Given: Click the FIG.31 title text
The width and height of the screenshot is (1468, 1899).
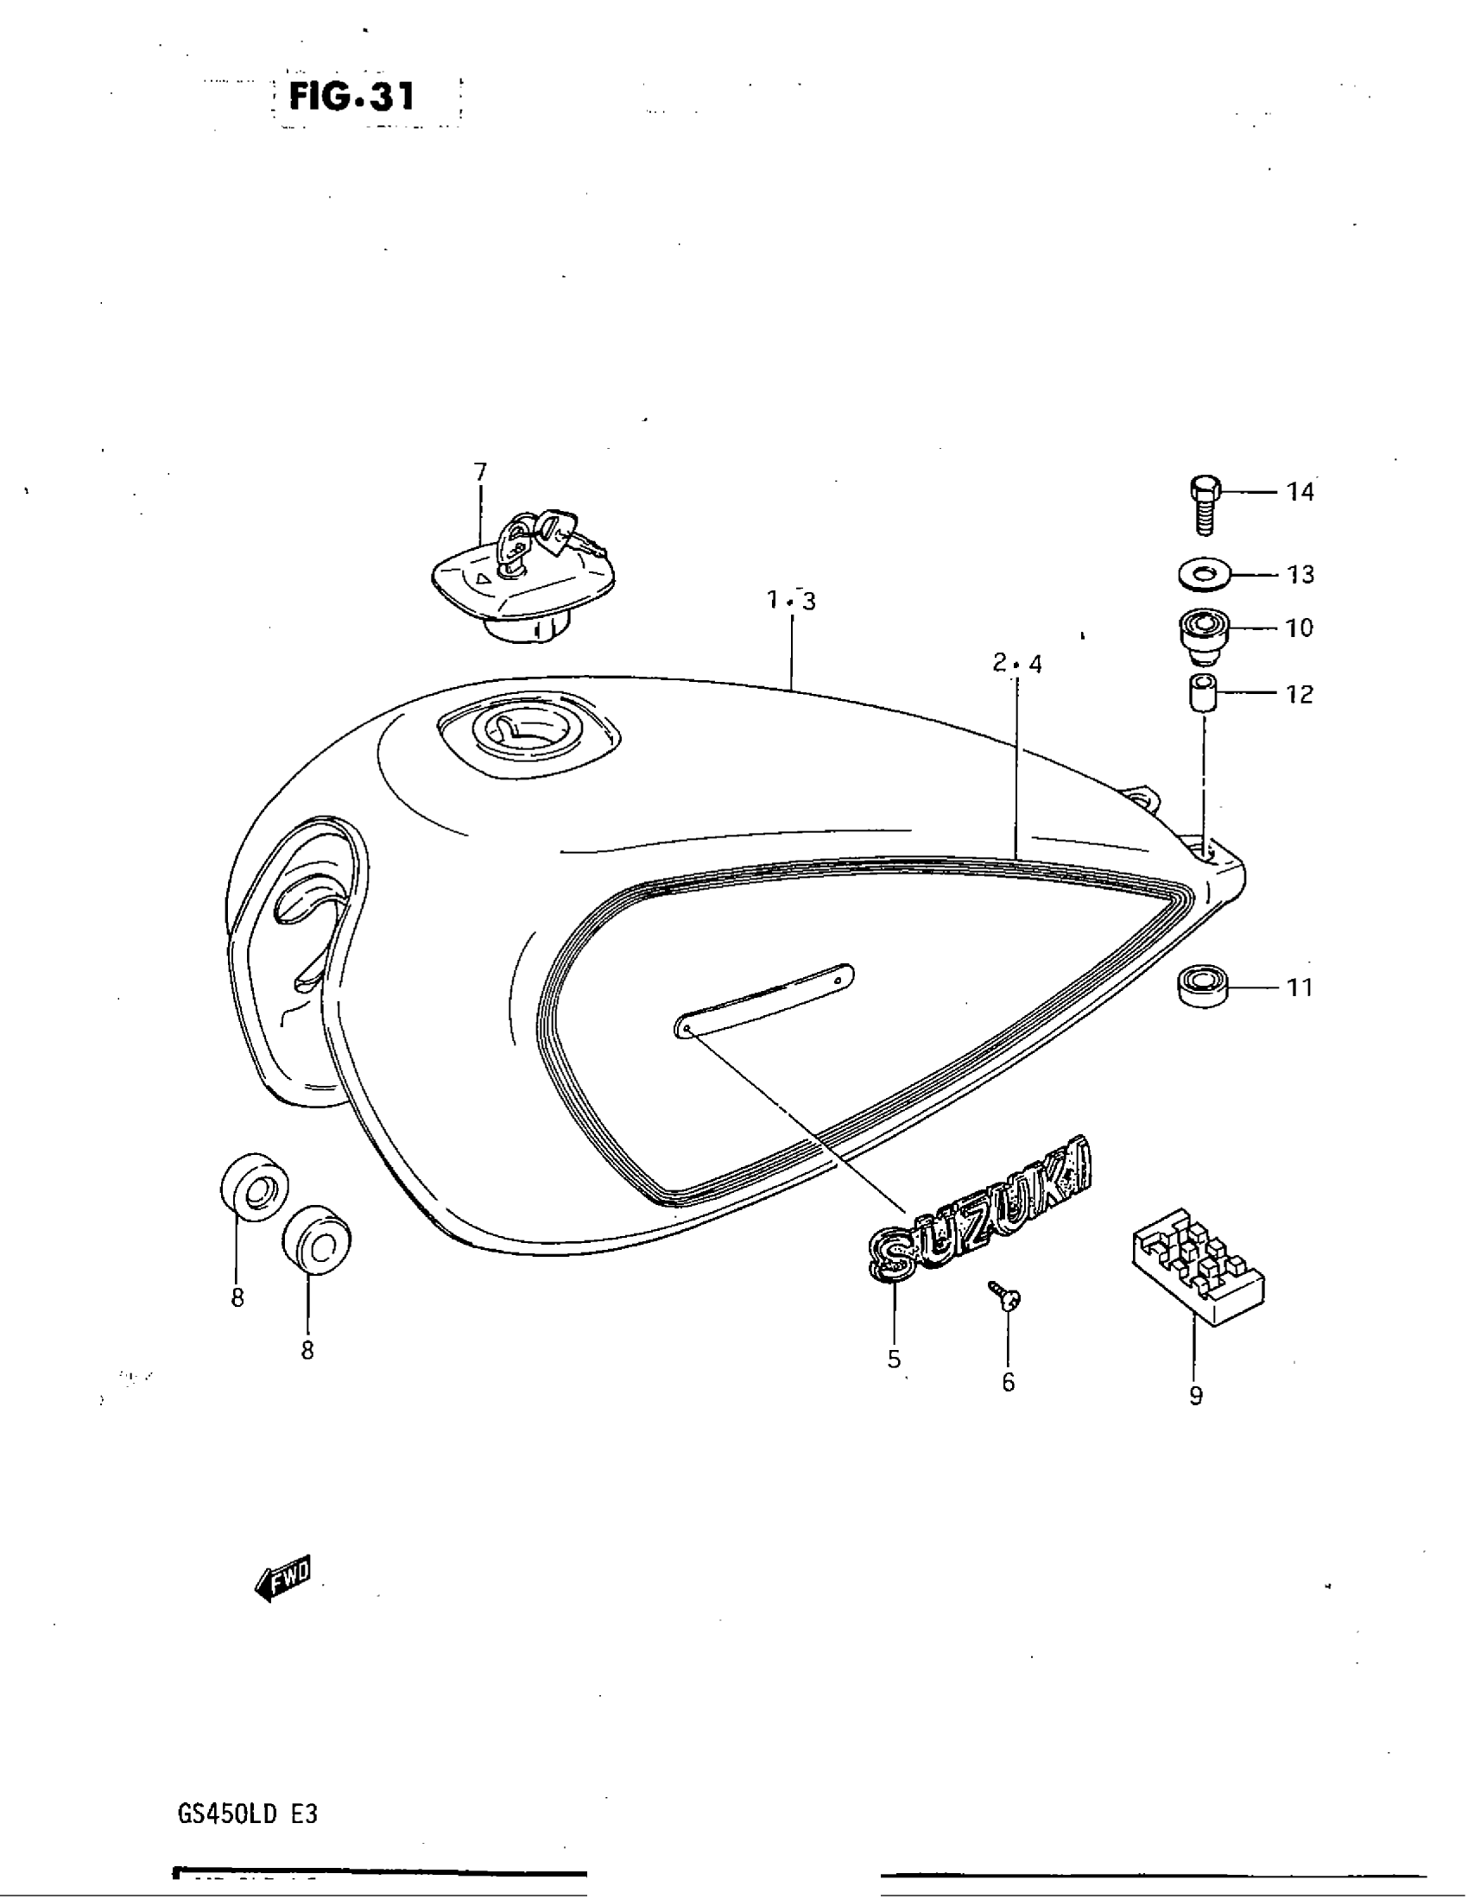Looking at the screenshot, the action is [352, 96].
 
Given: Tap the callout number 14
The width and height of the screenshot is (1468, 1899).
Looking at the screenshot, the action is [1300, 492].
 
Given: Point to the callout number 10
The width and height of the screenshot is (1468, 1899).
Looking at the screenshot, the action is [1300, 628].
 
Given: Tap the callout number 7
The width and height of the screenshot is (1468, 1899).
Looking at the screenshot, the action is [480, 472].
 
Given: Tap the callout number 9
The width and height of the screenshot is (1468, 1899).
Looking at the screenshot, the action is [1196, 1397].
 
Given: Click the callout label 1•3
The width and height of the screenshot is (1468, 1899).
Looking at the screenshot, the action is [791, 601].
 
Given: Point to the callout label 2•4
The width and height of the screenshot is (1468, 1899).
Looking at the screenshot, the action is [1016, 665].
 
